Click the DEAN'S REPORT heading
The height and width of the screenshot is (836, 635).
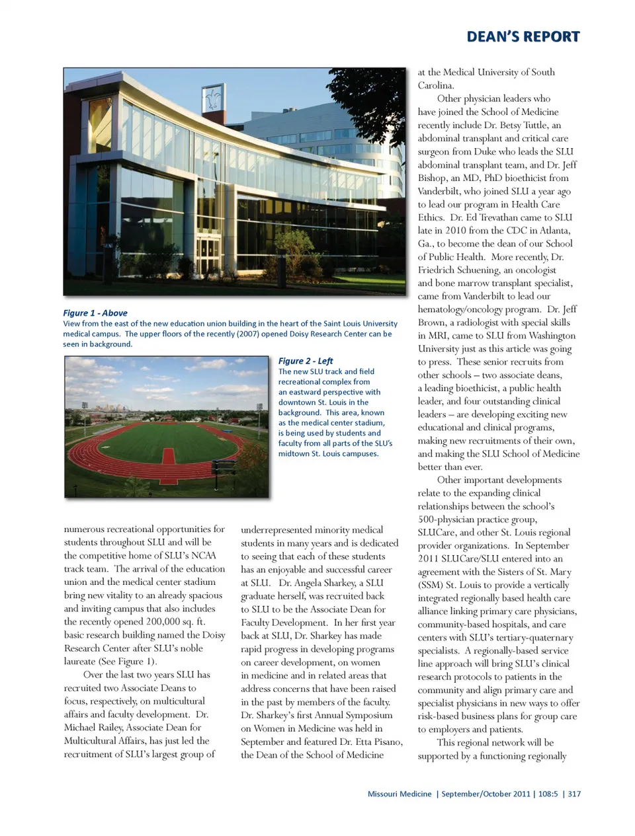pyautogui.click(x=523, y=37)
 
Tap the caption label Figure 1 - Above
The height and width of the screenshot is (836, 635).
pyautogui.click(x=95, y=313)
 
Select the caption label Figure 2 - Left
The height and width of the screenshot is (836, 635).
pyautogui.click(x=306, y=361)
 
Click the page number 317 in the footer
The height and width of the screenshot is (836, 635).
pyautogui.click(x=574, y=794)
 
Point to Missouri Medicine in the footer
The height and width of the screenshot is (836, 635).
pyautogui.click(x=400, y=794)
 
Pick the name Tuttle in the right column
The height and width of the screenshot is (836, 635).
pyautogui.click(x=536, y=125)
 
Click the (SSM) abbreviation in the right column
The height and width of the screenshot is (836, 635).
pyautogui.click(x=432, y=585)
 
